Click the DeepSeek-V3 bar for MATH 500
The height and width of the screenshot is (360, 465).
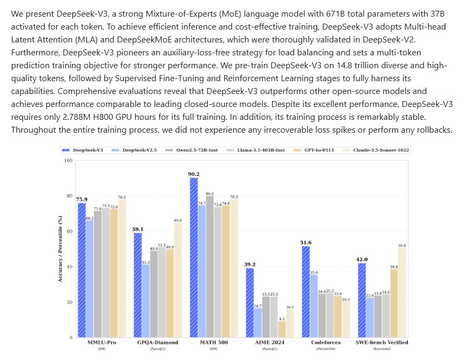point(194,258)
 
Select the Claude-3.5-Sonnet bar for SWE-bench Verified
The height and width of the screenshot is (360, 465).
point(402,293)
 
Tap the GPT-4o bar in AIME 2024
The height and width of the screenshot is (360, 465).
point(282,329)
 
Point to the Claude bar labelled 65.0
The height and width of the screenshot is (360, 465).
point(178,280)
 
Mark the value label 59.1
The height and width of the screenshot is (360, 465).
point(138,229)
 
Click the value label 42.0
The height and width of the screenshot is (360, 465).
point(362,259)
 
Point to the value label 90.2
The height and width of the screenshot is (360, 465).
point(194,174)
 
